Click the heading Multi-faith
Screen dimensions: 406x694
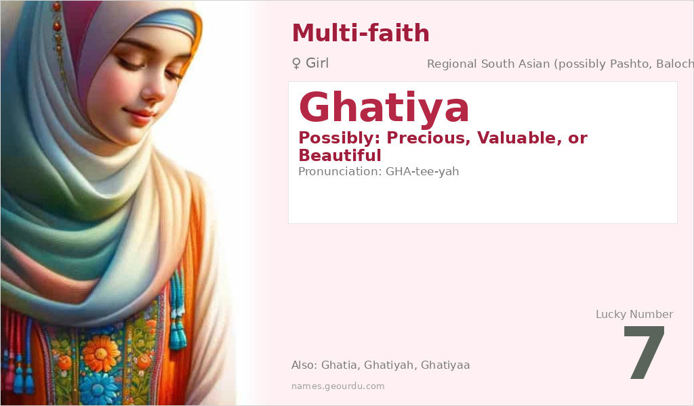tap(360, 32)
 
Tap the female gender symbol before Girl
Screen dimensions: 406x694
tap(296, 64)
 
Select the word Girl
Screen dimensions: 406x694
tap(317, 64)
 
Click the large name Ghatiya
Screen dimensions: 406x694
tap(384, 108)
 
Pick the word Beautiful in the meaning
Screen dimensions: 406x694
tap(340, 156)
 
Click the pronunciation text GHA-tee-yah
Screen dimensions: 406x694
tap(422, 171)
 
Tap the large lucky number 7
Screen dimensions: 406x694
tap(644, 354)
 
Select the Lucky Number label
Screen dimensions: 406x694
tap(634, 314)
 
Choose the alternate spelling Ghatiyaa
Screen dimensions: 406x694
tap(445, 365)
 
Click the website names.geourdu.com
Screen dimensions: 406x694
tap(338, 386)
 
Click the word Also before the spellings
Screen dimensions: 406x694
tap(303, 365)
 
